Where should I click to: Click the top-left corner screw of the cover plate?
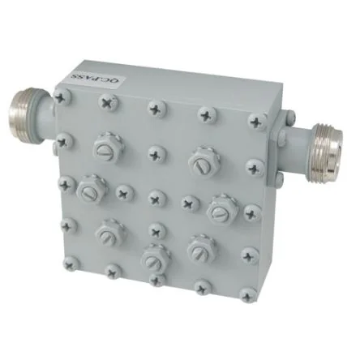[62, 96]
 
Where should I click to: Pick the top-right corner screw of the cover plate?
[257, 122]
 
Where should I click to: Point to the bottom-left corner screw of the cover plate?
[71, 264]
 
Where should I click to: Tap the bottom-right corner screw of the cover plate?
[247, 296]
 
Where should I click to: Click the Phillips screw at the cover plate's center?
[157, 198]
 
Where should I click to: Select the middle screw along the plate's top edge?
[156, 109]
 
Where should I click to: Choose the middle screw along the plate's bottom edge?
[157, 281]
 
